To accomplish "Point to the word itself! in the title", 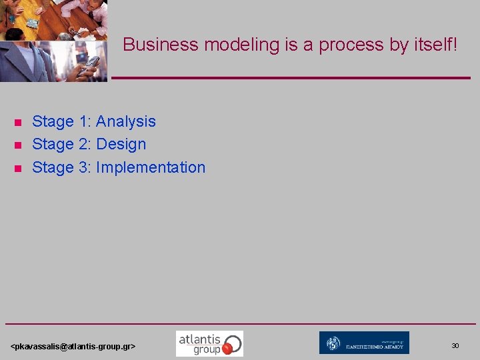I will (x=433, y=45).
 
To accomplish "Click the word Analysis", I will (x=126, y=121).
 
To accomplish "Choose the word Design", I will (x=121, y=144).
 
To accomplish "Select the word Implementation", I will (x=151, y=167).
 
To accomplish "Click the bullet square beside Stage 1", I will (x=18, y=122).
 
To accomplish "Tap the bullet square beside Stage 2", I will (x=18, y=145).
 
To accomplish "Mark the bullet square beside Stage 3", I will (x=18, y=168).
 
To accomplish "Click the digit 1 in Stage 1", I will (x=83, y=121).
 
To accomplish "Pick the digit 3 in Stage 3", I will (x=83, y=167).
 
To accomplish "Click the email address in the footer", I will (x=73, y=347).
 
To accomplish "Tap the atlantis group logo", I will (x=209, y=343).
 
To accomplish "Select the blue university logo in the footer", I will (x=364, y=343).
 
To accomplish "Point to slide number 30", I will (x=455, y=345).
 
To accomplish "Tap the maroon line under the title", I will (x=291, y=78).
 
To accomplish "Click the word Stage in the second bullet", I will (x=53, y=144).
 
